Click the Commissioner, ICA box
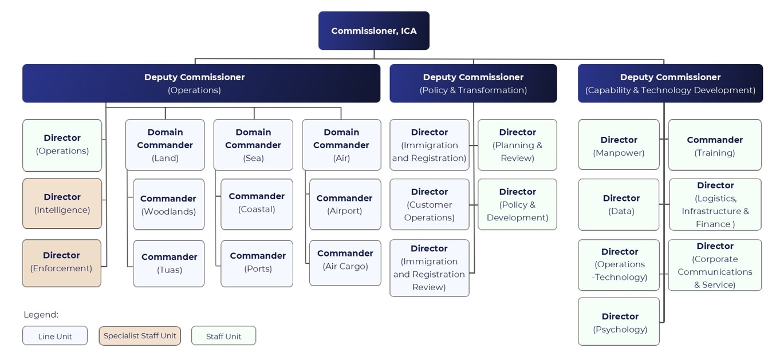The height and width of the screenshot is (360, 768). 373,31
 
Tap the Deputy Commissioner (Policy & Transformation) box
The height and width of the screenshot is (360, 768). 473,84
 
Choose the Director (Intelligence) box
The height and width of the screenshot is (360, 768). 62,204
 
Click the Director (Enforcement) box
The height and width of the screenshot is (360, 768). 61,263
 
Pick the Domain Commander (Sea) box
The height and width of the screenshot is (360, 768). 253,145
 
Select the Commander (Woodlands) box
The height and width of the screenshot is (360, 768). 168,205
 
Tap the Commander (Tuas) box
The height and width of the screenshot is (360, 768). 169,263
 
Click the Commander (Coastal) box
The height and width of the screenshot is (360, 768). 257,204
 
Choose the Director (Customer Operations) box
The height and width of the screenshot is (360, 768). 429,204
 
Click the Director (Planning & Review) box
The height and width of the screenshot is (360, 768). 517,145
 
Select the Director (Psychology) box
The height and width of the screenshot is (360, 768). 619,322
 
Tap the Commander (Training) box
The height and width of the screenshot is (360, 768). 715,145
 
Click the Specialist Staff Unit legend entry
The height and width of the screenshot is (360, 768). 140,336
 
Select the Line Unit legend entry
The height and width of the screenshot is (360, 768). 55,336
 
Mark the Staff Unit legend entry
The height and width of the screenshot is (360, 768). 223,336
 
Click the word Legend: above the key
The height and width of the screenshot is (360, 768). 41,315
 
